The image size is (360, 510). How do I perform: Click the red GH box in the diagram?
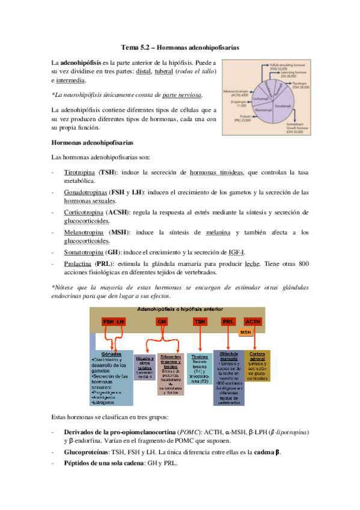[162, 322]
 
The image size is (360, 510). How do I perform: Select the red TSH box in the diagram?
[200, 322]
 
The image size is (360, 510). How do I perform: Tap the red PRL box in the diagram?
[228, 322]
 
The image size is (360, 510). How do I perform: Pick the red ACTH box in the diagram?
[253, 322]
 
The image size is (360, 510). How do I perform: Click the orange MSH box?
[245, 333]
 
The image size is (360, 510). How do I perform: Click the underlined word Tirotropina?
[80, 173]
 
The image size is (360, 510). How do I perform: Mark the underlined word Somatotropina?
[83, 252]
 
